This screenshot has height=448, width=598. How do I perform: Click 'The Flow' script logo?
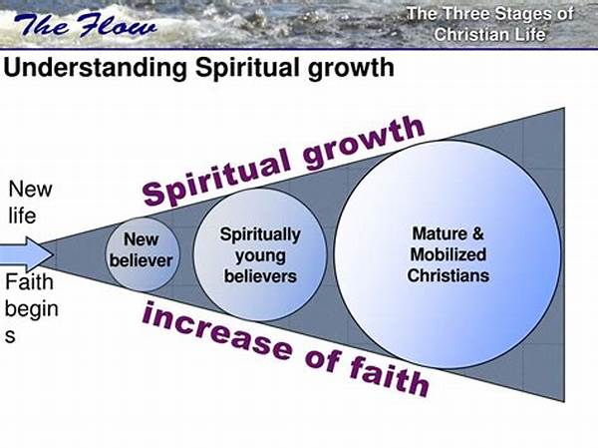pos(85,25)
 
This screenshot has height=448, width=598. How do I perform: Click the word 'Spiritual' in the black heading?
pos(247,69)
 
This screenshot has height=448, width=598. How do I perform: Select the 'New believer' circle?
pos(142,254)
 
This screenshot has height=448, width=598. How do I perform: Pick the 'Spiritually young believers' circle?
pos(260,254)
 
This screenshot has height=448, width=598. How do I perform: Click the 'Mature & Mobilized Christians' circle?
pos(448,254)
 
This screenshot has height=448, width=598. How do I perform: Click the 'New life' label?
pos(30,202)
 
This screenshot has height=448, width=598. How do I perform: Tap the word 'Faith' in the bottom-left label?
pos(29,282)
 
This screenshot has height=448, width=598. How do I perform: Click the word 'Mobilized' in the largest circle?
pos(448,254)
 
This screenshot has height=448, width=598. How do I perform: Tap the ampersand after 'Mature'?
pos(477,233)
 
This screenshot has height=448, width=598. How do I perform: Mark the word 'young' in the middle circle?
pos(260,256)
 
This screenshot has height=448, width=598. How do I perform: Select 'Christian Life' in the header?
pos(489,35)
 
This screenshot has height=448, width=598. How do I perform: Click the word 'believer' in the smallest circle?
pos(142,260)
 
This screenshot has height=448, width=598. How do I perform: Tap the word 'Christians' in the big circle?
pos(448,275)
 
